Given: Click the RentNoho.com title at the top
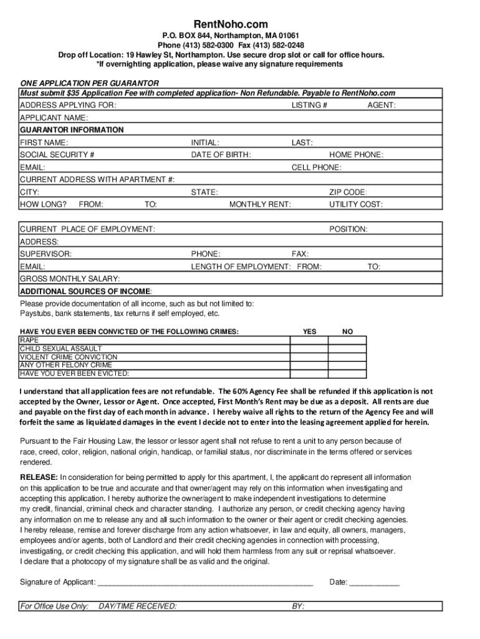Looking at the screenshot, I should coord(239,24).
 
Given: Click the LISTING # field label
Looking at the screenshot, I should coord(309,105).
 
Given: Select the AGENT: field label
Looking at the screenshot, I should coord(381,105).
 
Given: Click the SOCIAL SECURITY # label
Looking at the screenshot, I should coord(57,155).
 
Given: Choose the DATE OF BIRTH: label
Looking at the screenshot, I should coord(221,155).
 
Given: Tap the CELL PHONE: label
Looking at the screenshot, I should coord(316,167).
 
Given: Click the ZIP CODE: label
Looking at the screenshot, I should coord(348,192).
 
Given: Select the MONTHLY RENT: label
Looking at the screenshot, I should coord(260,204).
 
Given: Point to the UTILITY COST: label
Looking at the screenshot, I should coord(356,204).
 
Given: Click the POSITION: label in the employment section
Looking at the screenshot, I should coord(348,229).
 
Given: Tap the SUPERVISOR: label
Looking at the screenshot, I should coord(46,254).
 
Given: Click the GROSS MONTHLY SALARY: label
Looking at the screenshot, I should coord(70,279).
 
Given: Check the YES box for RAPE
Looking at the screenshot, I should coord(309,341).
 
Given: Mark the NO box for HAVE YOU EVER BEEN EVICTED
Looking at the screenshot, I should coord(348,374).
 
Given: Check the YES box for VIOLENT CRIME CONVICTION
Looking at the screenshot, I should coord(309,357).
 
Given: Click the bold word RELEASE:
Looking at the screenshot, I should coord(39,477).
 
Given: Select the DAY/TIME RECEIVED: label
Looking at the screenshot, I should coord(137,606).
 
